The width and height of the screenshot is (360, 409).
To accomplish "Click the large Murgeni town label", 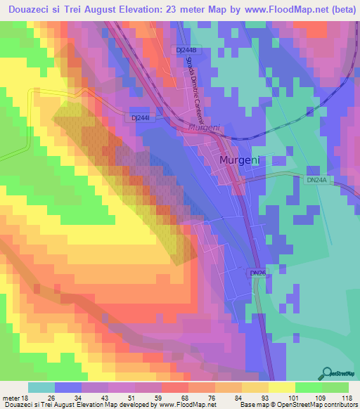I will click(x=240, y=160).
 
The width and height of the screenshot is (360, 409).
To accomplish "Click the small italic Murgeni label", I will click(x=204, y=128).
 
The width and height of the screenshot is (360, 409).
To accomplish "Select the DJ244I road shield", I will click(x=144, y=118).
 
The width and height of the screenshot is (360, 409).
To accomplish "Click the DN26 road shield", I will click(x=257, y=272).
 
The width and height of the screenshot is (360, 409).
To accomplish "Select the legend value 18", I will click(x=32, y=398).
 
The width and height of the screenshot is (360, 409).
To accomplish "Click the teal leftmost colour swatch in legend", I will click(x=41, y=387).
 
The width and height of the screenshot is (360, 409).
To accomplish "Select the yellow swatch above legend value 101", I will click(x=281, y=387).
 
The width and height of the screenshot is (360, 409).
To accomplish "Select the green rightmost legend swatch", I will click(x=335, y=387).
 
